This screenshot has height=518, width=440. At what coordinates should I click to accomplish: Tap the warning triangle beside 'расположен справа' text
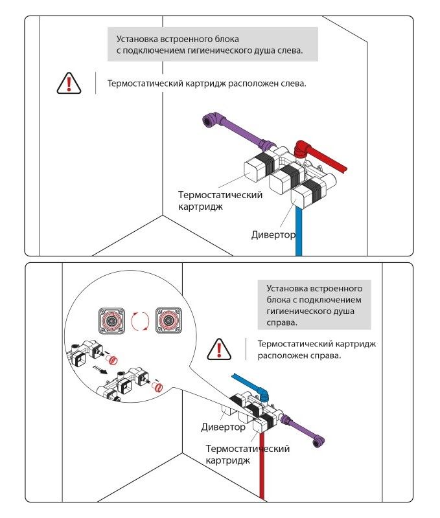tap(218, 350)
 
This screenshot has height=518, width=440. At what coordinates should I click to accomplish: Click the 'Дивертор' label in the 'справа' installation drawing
tap(223, 427)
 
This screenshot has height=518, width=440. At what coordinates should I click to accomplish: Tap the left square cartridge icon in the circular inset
tap(112, 321)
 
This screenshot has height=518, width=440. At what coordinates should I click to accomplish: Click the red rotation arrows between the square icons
tap(140, 321)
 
